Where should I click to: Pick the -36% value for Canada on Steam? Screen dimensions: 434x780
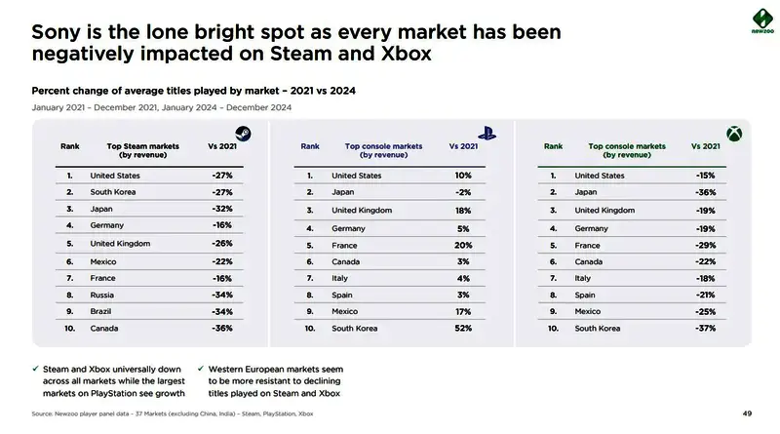221,329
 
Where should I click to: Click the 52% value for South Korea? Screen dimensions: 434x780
463,329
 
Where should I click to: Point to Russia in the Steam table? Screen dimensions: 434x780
102,295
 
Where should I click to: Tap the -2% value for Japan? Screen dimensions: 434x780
463,192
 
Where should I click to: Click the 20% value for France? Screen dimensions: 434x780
463,245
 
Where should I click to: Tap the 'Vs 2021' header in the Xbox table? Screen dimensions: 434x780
705,145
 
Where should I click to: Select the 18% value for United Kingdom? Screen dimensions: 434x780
463,210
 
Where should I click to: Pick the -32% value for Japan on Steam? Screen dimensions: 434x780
221,210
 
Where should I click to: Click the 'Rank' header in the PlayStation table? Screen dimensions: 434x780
310,146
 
